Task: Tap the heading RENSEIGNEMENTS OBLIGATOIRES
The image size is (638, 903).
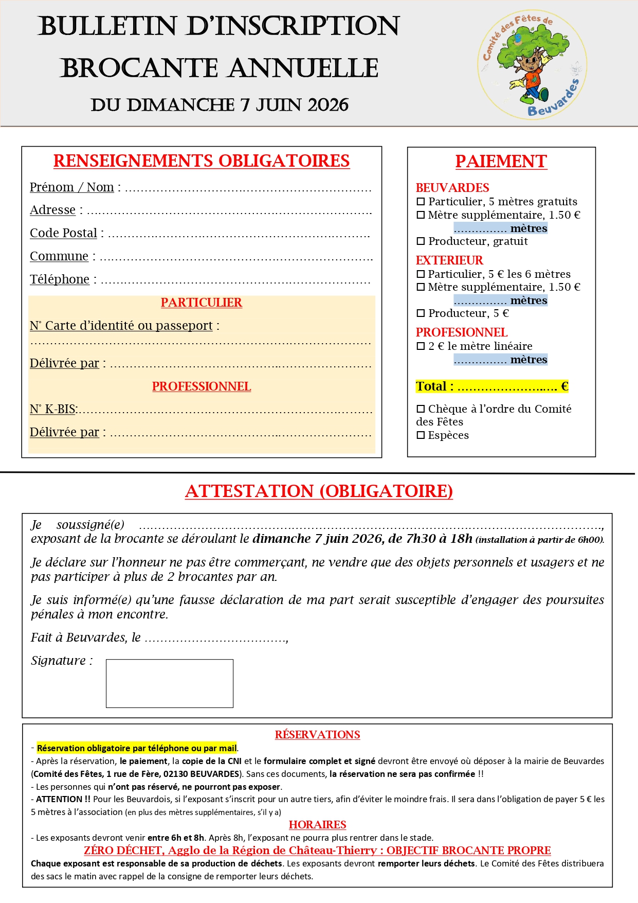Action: [x=202, y=161]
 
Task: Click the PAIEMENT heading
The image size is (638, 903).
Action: [x=501, y=162]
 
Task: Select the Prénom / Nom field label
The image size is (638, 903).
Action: [x=72, y=187]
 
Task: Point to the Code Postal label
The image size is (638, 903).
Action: [x=63, y=233]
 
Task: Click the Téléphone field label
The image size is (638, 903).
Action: [x=60, y=279]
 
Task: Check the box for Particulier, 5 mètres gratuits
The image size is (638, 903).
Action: [x=421, y=202]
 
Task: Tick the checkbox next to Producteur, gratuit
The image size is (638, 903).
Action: [x=421, y=241]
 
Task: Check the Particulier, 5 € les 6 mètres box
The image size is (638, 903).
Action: [x=421, y=274]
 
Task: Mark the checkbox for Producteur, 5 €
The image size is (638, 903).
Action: [x=421, y=313]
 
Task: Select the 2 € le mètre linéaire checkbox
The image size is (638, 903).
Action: [x=421, y=346]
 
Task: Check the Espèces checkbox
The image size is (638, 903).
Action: [x=421, y=435]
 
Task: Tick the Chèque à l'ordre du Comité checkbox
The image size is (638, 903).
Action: [x=421, y=409]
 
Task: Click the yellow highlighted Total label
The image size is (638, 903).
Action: [x=434, y=386]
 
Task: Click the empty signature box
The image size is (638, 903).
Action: [x=170, y=683]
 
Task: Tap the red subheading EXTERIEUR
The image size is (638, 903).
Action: [x=449, y=260]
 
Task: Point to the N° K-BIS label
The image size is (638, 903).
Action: [x=53, y=410]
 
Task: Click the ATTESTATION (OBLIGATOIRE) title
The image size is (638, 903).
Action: [x=319, y=491]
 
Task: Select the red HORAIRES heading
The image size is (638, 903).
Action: [x=317, y=825]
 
